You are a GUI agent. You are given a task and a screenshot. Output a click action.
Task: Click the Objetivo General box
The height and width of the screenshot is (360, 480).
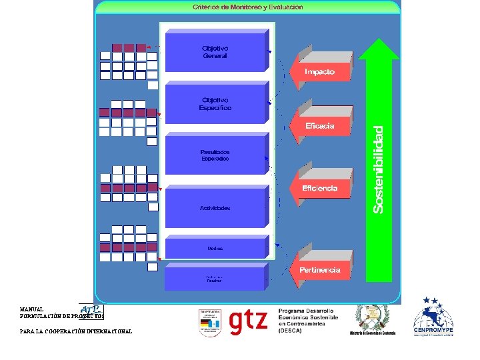click(215, 52)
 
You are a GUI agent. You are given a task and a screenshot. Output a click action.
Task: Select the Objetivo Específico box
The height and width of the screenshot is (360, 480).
click(215, 103)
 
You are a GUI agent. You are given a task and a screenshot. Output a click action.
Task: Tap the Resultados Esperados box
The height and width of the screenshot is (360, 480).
click(215, 155)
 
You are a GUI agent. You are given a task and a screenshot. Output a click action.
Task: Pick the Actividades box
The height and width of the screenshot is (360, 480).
click(215, 208)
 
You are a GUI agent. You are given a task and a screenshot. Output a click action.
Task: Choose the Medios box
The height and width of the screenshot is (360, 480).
click(215, 248)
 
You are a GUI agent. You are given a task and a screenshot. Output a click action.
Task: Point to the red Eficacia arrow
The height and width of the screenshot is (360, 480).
click(320, 125)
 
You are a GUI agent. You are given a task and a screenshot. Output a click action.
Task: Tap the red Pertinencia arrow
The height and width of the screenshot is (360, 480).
click(320, 269)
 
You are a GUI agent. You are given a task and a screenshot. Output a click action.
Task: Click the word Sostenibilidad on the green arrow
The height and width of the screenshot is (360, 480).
click(379, 170)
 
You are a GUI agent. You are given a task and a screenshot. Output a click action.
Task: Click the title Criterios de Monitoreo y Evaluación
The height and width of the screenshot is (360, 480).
click(248, 7)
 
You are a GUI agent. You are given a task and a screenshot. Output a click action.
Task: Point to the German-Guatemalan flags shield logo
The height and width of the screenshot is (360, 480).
click(209, 323)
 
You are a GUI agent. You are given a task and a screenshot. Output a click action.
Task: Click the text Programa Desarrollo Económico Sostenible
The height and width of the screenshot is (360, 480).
click(307, 315)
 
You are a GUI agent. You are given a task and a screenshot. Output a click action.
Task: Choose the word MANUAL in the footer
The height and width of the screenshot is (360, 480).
click(32, 310)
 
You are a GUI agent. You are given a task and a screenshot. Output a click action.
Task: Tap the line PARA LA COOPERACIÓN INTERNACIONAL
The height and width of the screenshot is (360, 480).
click(75, 331)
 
